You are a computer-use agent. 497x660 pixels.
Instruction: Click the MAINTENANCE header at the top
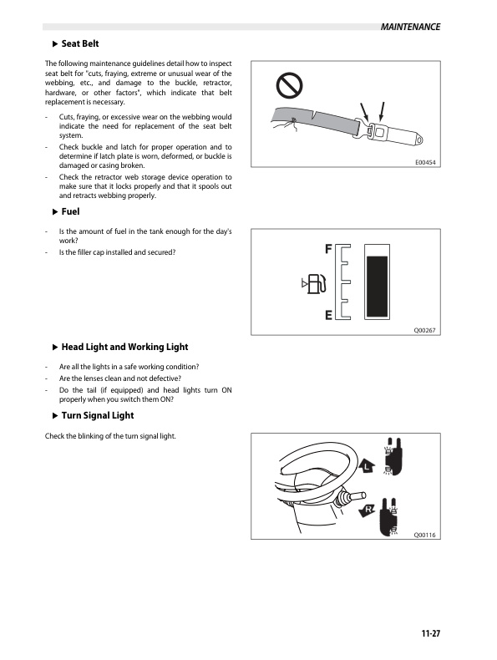(x=409, y=27)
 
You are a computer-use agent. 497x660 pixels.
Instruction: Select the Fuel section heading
(x=70, y=212)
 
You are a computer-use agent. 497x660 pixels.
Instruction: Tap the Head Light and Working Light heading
(x=124, y=347)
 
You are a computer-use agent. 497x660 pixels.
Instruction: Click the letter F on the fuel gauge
(x=329, y=249)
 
